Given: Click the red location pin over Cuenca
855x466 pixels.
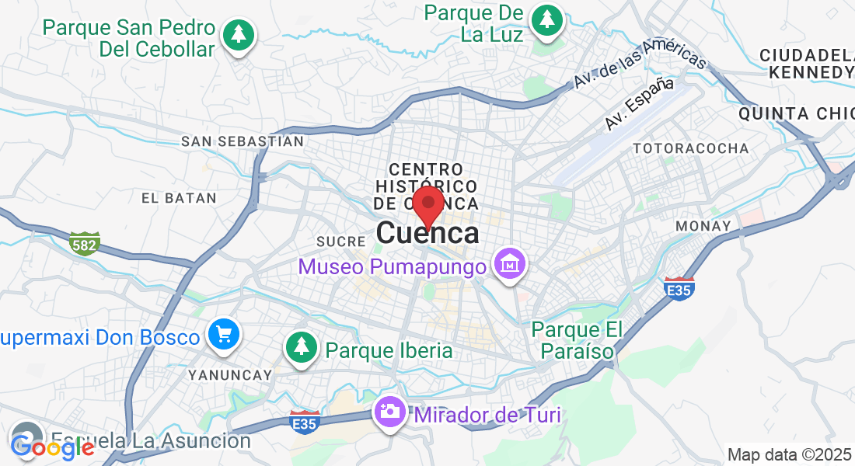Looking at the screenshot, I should tap(427, 205).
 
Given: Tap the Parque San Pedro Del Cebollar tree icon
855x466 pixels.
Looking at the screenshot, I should tap(239, 35).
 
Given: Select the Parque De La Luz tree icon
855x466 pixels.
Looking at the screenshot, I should tap(547, 19).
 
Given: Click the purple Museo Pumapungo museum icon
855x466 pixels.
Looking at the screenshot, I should tap(511, 264).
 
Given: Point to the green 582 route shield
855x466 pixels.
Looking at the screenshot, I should tap(85, 243).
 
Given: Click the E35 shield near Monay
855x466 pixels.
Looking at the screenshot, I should tap(679, 289).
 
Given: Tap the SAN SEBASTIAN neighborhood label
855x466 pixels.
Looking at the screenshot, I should tap(242, 141).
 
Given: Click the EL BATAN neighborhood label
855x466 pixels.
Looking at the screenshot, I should tap(179, 198).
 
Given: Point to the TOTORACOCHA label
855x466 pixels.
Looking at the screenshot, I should tap(691, 148).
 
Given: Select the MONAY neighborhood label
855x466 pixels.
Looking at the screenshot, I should tap(703, 226).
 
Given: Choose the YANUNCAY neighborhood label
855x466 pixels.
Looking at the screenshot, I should tap(230, 375).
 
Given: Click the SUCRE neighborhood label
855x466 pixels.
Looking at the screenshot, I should tap(337, 241).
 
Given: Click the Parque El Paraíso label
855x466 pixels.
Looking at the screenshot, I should tap(577, 340).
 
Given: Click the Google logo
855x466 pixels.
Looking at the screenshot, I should tap(53, 446).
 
